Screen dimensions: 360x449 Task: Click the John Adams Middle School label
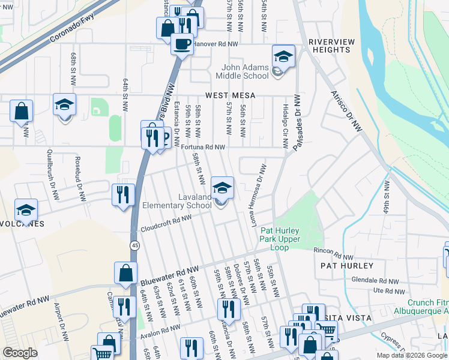click(246, 71)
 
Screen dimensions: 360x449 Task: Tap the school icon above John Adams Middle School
click(283, 57)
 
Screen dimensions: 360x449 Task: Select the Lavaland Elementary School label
click(177, 201)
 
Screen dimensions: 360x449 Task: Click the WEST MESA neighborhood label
click(231, 95)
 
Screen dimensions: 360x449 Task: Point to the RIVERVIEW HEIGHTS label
click(332, 46)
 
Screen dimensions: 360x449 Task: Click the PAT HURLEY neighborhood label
click(347, 265)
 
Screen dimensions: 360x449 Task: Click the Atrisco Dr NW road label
click(347, 110)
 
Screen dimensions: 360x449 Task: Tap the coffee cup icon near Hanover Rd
click(182, 43)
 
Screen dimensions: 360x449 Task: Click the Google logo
click(20, 353)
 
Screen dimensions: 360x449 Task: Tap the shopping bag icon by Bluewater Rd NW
click(127, 273)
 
